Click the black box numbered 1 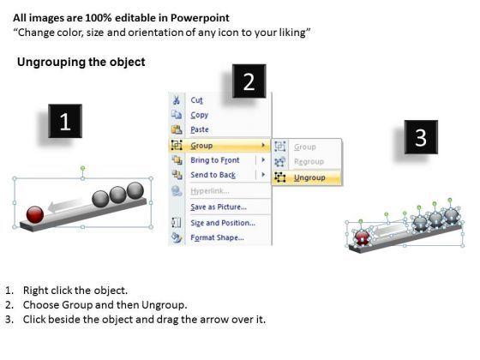click(65, 121)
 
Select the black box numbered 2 click(249, 81)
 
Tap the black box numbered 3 click(421, 137)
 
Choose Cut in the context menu click(196, 100)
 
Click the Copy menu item click(199, 115)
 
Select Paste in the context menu click(200, 129)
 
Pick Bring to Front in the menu click(215, 160)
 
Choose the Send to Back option click(213, 175)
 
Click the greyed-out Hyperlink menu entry click(210, 191)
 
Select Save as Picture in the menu click(219, 207)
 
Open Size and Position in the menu click(223, 223)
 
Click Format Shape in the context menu click(217, 237)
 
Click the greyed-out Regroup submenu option click(309, 162)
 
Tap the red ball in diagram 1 click(35, 214)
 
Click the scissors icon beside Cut click(177, 100)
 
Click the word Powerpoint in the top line click(200, 18)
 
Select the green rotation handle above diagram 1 click(82, 168)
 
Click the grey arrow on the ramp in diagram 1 click(65, 205)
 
